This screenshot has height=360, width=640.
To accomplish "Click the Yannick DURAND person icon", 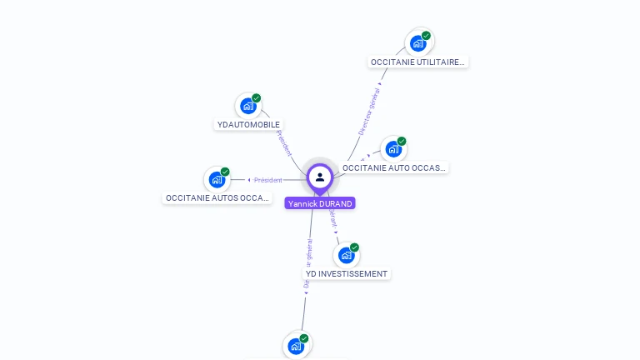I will coord(320,177).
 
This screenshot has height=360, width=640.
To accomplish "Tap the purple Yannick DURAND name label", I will coord(320,203).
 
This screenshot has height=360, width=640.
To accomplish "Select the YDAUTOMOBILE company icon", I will coord(247,106).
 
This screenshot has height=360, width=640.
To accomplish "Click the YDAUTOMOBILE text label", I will coord(248,125).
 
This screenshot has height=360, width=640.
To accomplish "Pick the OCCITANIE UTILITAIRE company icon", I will coord(417,42).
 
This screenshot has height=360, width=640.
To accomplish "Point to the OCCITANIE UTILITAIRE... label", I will coord(417,62).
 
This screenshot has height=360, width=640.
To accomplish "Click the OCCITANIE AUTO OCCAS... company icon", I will coord(393,149).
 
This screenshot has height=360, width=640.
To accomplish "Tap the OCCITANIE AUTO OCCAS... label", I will coord(394,167).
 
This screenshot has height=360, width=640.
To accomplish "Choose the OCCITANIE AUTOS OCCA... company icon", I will coord(217,179).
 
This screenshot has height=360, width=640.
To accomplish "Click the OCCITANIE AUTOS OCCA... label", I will coord(217,198).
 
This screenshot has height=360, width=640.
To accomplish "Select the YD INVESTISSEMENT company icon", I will coord(346,255).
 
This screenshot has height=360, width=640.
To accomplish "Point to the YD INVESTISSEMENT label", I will coord(347,273).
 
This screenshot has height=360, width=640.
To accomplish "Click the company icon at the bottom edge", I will coord(296,346).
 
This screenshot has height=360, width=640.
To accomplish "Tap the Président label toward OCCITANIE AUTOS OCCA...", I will coord(268,180).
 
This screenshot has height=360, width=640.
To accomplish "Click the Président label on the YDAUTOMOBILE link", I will coord(284,143).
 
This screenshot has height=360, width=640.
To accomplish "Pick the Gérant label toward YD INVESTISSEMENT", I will coord(332,217).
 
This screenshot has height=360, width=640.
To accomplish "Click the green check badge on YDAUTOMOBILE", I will coord(257,98).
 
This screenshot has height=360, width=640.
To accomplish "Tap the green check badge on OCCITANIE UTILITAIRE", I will coord(426,35).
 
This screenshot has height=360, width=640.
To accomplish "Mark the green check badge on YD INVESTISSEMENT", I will coord(354,247).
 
